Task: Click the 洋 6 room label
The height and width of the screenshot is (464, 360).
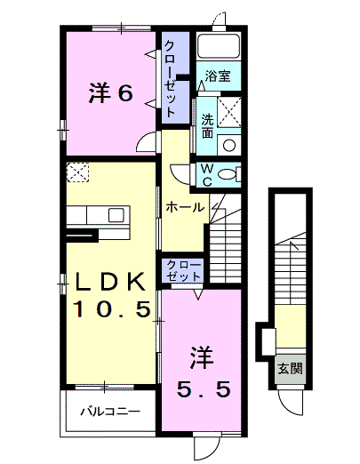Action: [x=111, y=92]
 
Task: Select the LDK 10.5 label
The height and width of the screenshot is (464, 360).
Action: [x=111, y=294]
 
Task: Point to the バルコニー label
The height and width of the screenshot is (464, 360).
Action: [x=110, y=412]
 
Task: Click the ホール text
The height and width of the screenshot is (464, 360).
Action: [x=185, y=207]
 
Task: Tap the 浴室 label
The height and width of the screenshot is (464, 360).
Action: [x=218, y=76]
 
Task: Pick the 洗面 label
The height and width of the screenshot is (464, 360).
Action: [x=208, y=126]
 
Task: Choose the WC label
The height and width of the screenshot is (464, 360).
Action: [x=207, y=175]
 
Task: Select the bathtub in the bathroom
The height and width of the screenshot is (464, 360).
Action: [x=219, y=46]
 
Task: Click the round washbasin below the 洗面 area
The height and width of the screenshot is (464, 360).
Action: [x=229, y=145]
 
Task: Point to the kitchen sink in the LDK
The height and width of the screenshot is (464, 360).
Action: [x=116, y=215]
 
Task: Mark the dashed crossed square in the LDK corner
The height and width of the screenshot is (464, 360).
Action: [x=77, y=172]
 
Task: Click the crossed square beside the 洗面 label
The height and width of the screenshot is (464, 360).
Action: [x=229, y=112]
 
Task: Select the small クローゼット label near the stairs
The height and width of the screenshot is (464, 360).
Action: [x=183, y=270]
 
